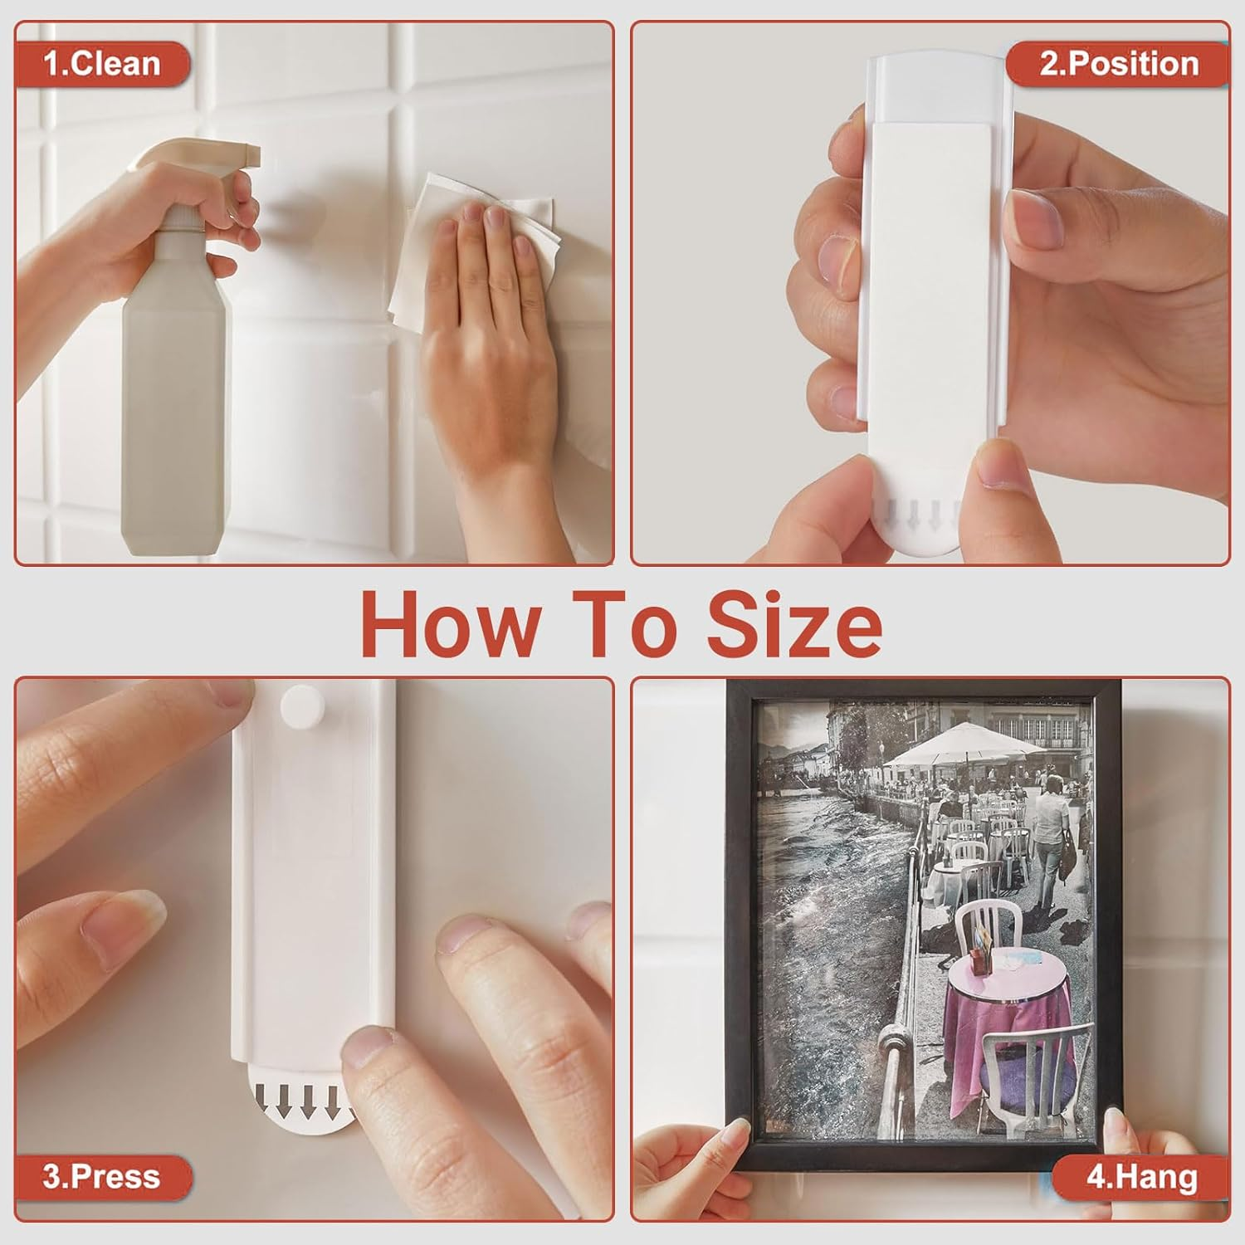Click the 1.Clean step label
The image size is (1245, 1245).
pos(101,64)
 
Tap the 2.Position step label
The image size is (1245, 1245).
pos(1118,64)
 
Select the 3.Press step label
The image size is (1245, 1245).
pos(101,1176)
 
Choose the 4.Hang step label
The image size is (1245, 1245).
pos(1141,1177)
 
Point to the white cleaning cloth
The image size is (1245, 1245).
pos(473,241)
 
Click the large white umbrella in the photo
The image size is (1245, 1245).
pos(963,743)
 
